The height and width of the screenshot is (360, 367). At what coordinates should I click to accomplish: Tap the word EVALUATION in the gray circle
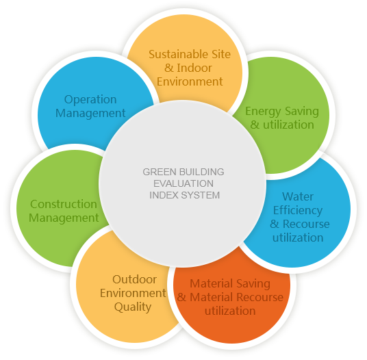pos(183,183)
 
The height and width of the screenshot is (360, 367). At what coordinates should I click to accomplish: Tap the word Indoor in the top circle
pos(194,68)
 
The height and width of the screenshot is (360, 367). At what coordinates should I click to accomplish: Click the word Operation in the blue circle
pos(90,100)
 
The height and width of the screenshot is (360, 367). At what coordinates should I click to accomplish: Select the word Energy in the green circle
pos(263,112)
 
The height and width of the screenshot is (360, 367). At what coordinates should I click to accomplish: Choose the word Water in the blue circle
pos(298,196)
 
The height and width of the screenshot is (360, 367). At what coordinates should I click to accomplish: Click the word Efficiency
pos(298,211)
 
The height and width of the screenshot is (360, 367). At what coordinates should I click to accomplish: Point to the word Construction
pos(64,204)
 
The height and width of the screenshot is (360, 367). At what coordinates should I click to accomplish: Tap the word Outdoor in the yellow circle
pos(134,279)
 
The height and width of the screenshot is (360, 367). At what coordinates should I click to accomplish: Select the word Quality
pos(133,307)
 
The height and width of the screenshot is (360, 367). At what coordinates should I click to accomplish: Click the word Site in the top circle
pos(221,54)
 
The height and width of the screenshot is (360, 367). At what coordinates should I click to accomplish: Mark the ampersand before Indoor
pos(169,68)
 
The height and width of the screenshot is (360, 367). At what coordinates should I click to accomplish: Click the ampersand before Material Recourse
pos(182,298)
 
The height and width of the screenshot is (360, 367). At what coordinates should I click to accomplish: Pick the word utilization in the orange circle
pos(230,311)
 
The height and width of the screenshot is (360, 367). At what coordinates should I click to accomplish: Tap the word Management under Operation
pos(90,114)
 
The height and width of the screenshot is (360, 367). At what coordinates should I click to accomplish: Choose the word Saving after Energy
pos(302,112)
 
